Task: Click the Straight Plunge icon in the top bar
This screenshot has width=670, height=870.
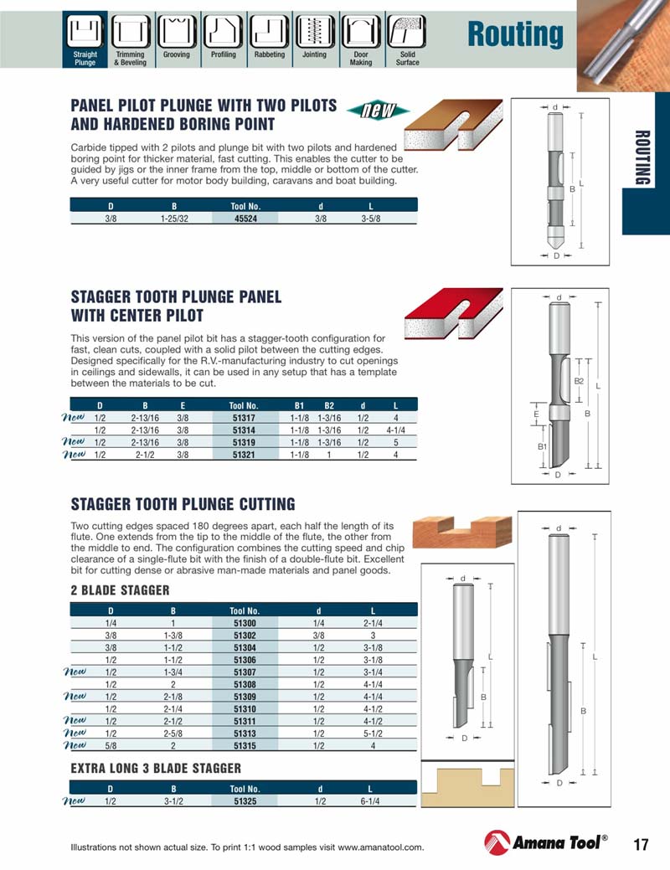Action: [x=85, y=33]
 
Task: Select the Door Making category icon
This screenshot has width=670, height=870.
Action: [x=361, y=33]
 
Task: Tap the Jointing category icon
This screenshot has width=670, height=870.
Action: [x=314, y=33]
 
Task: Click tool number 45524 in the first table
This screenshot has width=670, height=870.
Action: [x=245, y=218]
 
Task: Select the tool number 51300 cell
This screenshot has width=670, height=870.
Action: [x=245, y=623]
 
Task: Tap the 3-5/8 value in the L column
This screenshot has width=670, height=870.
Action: [x=370, y=218]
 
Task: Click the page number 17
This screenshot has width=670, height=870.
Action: [x=641, y=844]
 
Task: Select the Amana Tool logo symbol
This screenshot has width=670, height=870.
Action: [x=497, y=843]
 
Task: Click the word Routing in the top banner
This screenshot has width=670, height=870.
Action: [x=515, y=34]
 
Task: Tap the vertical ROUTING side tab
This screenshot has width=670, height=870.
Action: [x=642, y=158]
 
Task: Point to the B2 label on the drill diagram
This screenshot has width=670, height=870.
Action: [x=579, y=381]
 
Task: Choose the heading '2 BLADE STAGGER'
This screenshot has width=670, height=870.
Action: [x=120, y=590]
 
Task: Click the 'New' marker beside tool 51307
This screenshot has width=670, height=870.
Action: [x=75, y=671]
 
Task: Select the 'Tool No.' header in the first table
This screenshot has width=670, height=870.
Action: [x=245, y=205]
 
